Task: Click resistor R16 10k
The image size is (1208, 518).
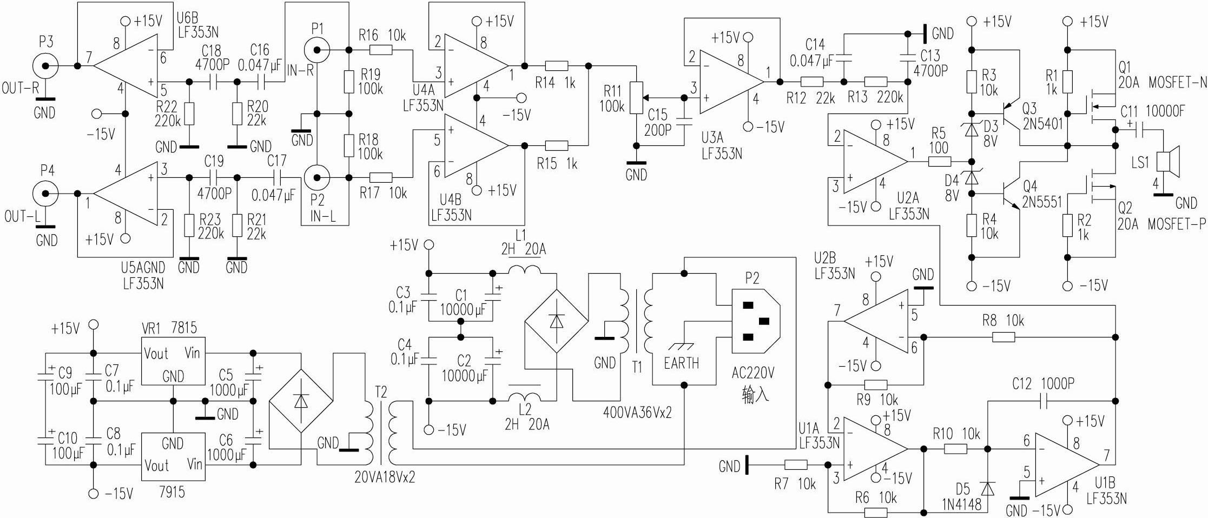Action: click(382, 50)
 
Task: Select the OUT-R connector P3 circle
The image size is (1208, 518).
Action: click(45, 66)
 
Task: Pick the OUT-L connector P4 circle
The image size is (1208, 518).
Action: click(45, 193)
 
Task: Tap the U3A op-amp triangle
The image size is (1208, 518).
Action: click(730, 82)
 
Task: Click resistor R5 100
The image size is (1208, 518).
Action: click(940, 161)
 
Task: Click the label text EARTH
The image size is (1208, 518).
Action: click(681, 363)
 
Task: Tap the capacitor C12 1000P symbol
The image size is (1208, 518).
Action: click(1045, 401)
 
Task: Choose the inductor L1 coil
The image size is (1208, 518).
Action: click(524, 270)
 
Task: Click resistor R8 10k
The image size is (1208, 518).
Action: click(1004, 337)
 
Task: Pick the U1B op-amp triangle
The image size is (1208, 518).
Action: click(1066, 465)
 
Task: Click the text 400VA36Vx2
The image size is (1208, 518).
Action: click(637, 413)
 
